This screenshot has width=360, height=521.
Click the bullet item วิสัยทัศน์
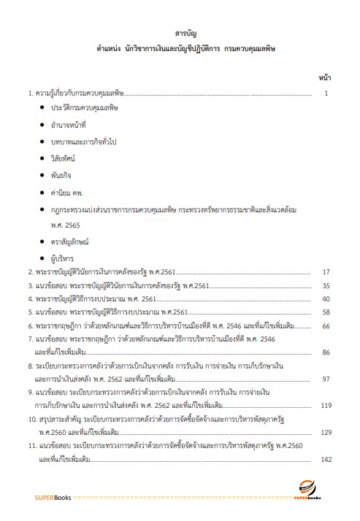click(64, 157)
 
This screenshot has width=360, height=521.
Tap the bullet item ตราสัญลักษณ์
click(70, 239)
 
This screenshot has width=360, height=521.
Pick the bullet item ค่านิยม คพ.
click(66, 193)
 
